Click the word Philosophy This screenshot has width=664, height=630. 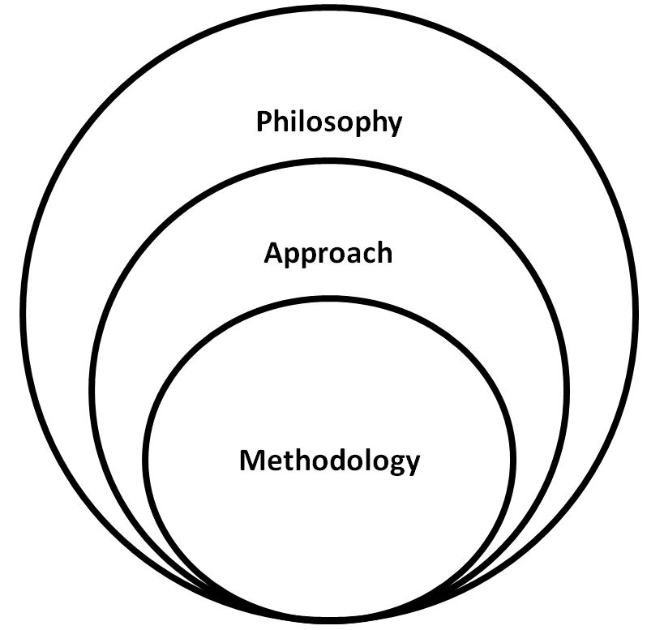click(328, 123)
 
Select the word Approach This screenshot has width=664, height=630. click(328, 254)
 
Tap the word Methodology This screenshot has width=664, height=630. click(329, 461)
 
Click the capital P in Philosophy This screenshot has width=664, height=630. click(263, 122)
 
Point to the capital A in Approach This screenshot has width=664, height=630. click(273, 253)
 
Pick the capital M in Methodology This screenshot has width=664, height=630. click(252, 461)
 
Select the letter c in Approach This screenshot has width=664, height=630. click(366, 255)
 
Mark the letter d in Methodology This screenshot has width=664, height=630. click(345, 461)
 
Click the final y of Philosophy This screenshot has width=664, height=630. click(393, 126)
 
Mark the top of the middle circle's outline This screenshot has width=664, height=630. click(328, 161)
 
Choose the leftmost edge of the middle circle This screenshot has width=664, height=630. click(92, 389)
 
